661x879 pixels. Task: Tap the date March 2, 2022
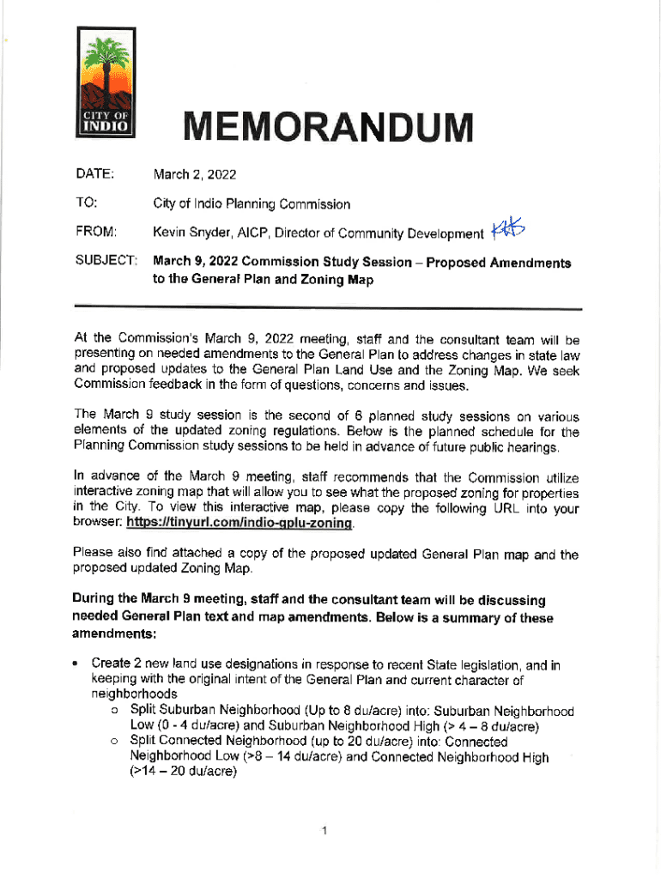click(194, 175)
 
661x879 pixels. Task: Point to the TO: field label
click(85, 203)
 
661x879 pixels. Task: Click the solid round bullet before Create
click(77, 664)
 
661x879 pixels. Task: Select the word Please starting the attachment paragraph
click(91, 555)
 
